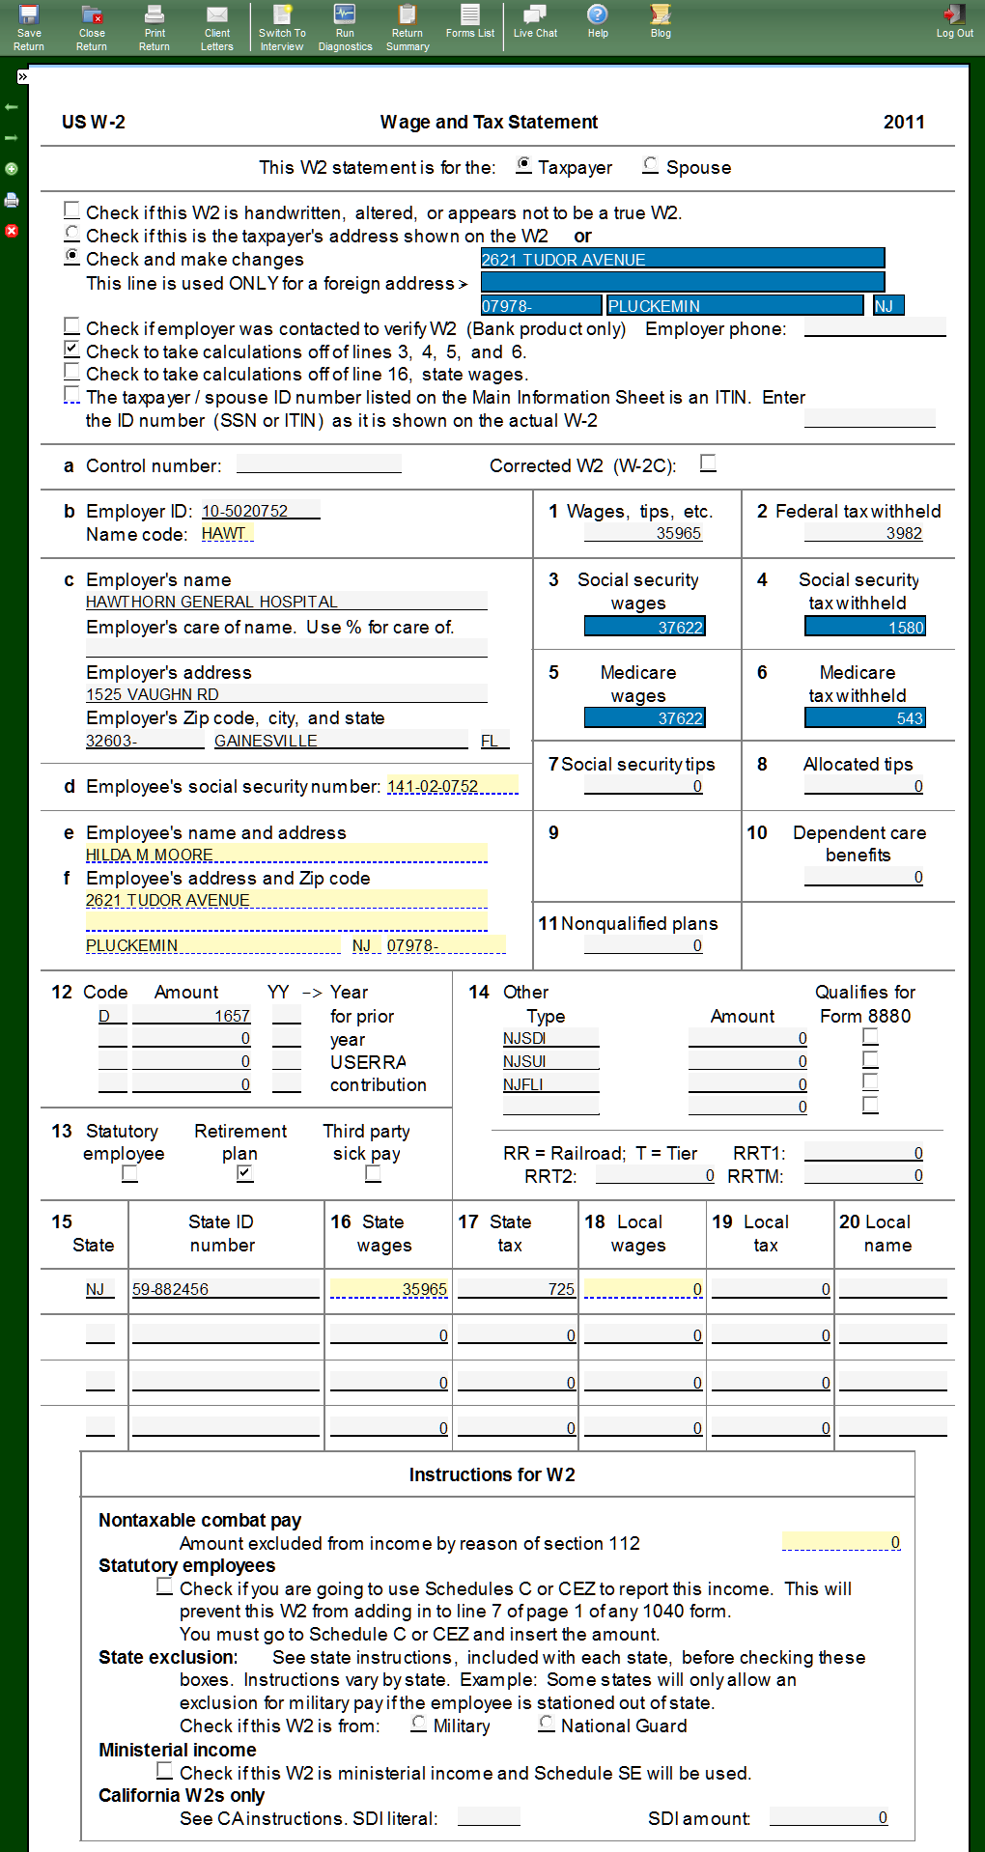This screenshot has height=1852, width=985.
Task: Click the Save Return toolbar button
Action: click(x=29, y=27)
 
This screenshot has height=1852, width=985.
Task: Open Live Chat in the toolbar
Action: click(x=535, y=21)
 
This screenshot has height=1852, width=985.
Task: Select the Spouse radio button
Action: click(x=651, y=166)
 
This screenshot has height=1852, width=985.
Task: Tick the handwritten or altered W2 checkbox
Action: click(x=72, y=210)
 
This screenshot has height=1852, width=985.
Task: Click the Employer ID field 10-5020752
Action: click(x=260, y=511)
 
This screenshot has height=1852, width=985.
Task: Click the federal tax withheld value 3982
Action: click(x=863, y=533)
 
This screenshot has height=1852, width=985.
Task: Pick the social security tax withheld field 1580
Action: click(x=864, y=627)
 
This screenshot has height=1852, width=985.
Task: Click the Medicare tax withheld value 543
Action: click(x=864, y=717)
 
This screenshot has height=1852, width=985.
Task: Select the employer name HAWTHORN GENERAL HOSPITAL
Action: click(x=286, y=602)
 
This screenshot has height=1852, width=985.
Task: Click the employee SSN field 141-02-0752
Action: click(x=452, y=786)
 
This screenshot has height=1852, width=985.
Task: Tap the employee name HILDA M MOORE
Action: click(x=286, y=855)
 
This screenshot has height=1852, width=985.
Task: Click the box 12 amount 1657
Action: click(x=191, y=1016)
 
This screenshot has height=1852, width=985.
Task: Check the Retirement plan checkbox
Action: click(x=245, y=1173)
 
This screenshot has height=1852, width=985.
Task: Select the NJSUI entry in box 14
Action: click(x=549, y=1061)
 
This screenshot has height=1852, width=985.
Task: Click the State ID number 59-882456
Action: click(x=225, y=1289)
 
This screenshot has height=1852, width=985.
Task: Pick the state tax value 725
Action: click(x=516, y=1289)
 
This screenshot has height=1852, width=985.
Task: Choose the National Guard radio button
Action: click(x=547, y=1724)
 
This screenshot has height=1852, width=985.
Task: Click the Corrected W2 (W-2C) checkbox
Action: click(x=709, y=463)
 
